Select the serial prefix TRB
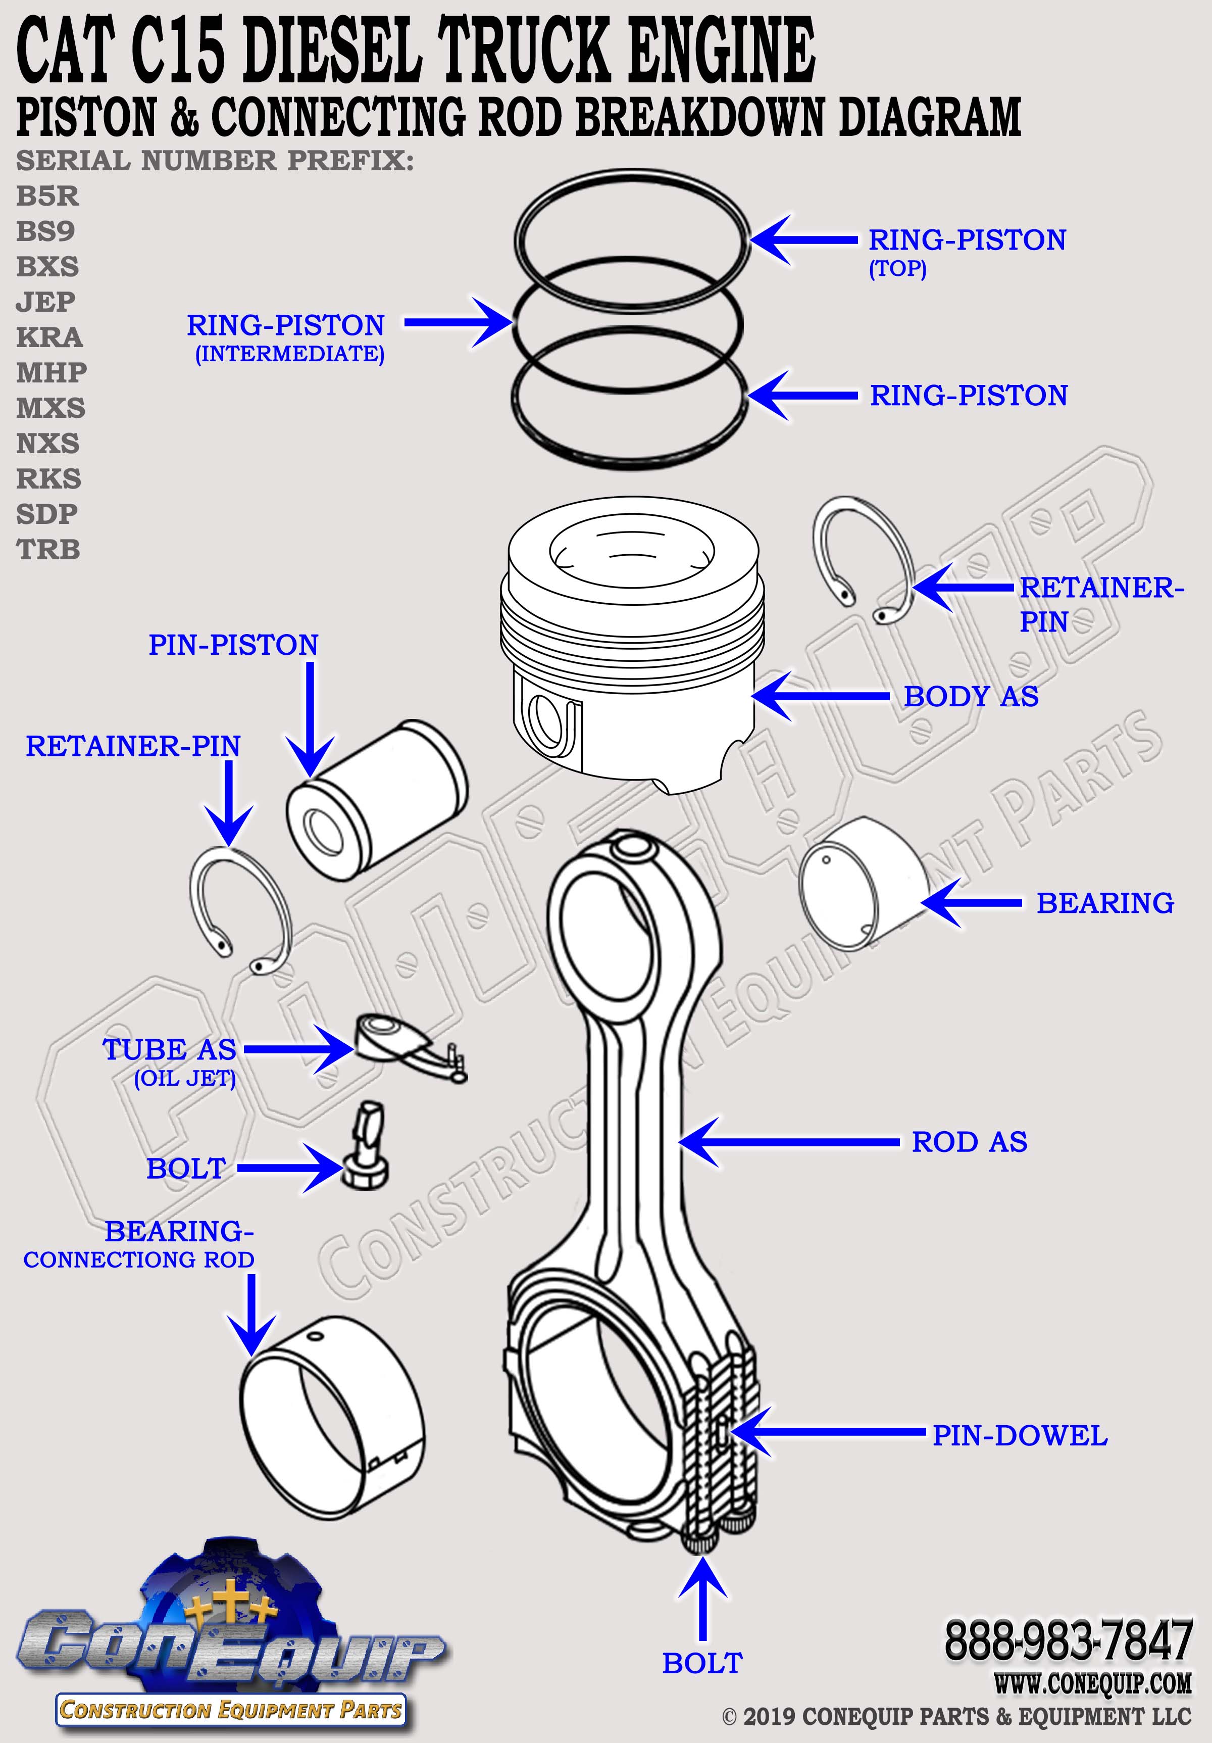(x=48, y=549)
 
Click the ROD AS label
(x=969, y=1142)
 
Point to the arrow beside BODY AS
(x=820, y=695)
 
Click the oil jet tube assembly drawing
(x=406, y=1046)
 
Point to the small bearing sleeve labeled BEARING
(x=862, y=885)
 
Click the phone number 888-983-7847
(x=1069, y=1640)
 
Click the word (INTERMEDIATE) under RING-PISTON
(x=289, y=354)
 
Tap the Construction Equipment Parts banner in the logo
(x=230, y=1710)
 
